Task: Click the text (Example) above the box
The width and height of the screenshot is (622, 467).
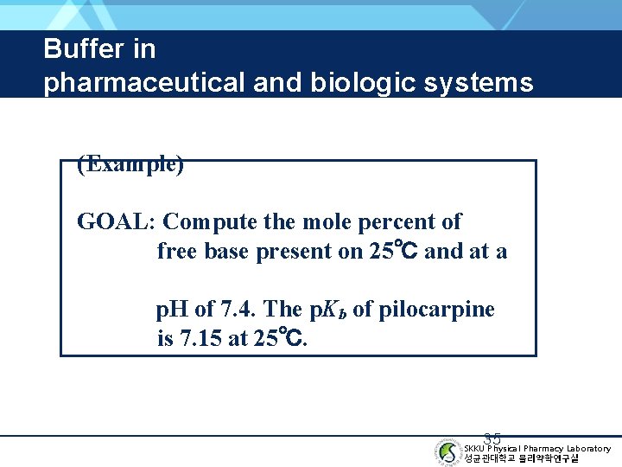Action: pyautogui.click(x=130, y=164)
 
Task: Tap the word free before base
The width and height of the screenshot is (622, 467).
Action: pyautogui.click(x=176, y=252)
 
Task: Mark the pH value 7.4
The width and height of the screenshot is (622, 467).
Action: pyautogui.click(x=238, y=310)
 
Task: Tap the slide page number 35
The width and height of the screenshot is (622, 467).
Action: pyautogui.click(x=492, y=439)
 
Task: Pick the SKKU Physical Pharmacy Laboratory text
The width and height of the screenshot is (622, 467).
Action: pyautogui.click(x=536, y=448)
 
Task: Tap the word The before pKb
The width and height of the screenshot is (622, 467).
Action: pyautogui.click(x=282, y=310)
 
